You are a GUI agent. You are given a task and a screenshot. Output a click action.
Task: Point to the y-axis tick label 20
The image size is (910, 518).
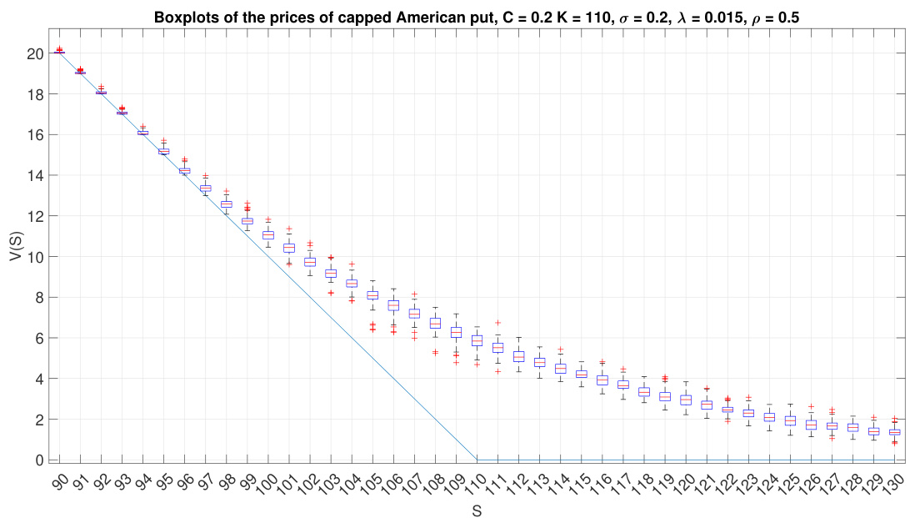click(34, 53)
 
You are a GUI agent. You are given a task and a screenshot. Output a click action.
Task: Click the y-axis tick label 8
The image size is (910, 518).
click(38, 297)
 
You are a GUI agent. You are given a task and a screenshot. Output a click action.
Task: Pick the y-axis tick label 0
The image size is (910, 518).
click(38, 460)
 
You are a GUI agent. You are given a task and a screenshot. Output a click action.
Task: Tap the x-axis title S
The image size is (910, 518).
click(477, 510)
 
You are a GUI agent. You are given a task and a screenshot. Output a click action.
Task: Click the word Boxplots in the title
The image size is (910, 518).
click(182, 17)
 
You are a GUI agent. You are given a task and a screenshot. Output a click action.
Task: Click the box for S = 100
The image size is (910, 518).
click(268, 235)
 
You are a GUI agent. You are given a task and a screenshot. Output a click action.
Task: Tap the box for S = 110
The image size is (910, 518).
click(477, 340)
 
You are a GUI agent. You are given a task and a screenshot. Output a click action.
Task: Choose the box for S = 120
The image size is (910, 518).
click(686, 400)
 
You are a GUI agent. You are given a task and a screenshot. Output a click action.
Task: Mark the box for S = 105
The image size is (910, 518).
click(372, 294)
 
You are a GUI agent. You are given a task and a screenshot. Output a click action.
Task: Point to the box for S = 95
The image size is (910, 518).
click(164, 151)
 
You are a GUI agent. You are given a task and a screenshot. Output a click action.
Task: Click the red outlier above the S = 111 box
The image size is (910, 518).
click(497, 322)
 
